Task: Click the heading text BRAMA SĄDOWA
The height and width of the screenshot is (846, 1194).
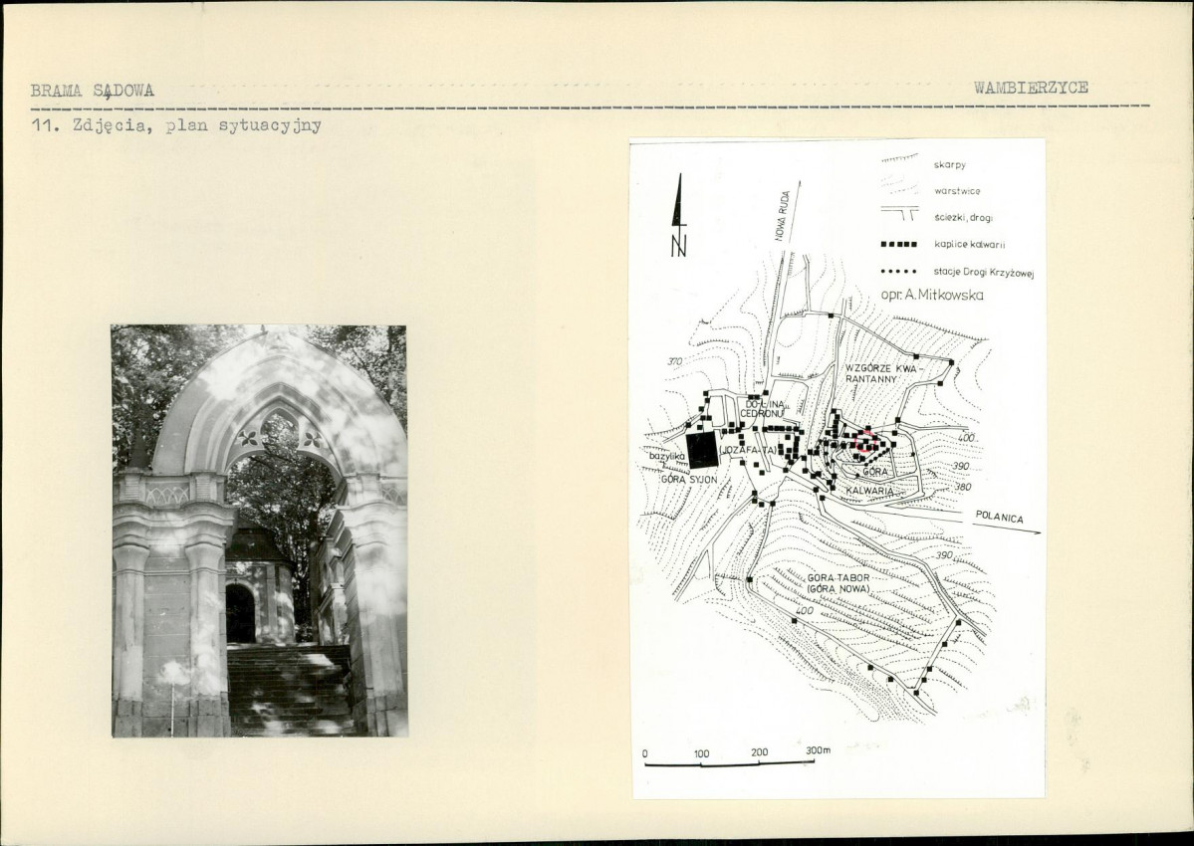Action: pos(92,91)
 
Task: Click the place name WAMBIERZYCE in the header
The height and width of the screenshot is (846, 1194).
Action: pos(1031,88)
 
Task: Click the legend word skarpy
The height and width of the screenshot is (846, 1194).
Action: pos(948,164)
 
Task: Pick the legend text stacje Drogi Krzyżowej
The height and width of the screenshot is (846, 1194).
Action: pos(983,272)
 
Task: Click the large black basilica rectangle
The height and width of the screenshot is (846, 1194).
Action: pos(702,451)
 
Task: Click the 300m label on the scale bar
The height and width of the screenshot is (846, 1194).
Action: pos(819,749)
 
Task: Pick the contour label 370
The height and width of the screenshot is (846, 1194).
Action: pos(674,361)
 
